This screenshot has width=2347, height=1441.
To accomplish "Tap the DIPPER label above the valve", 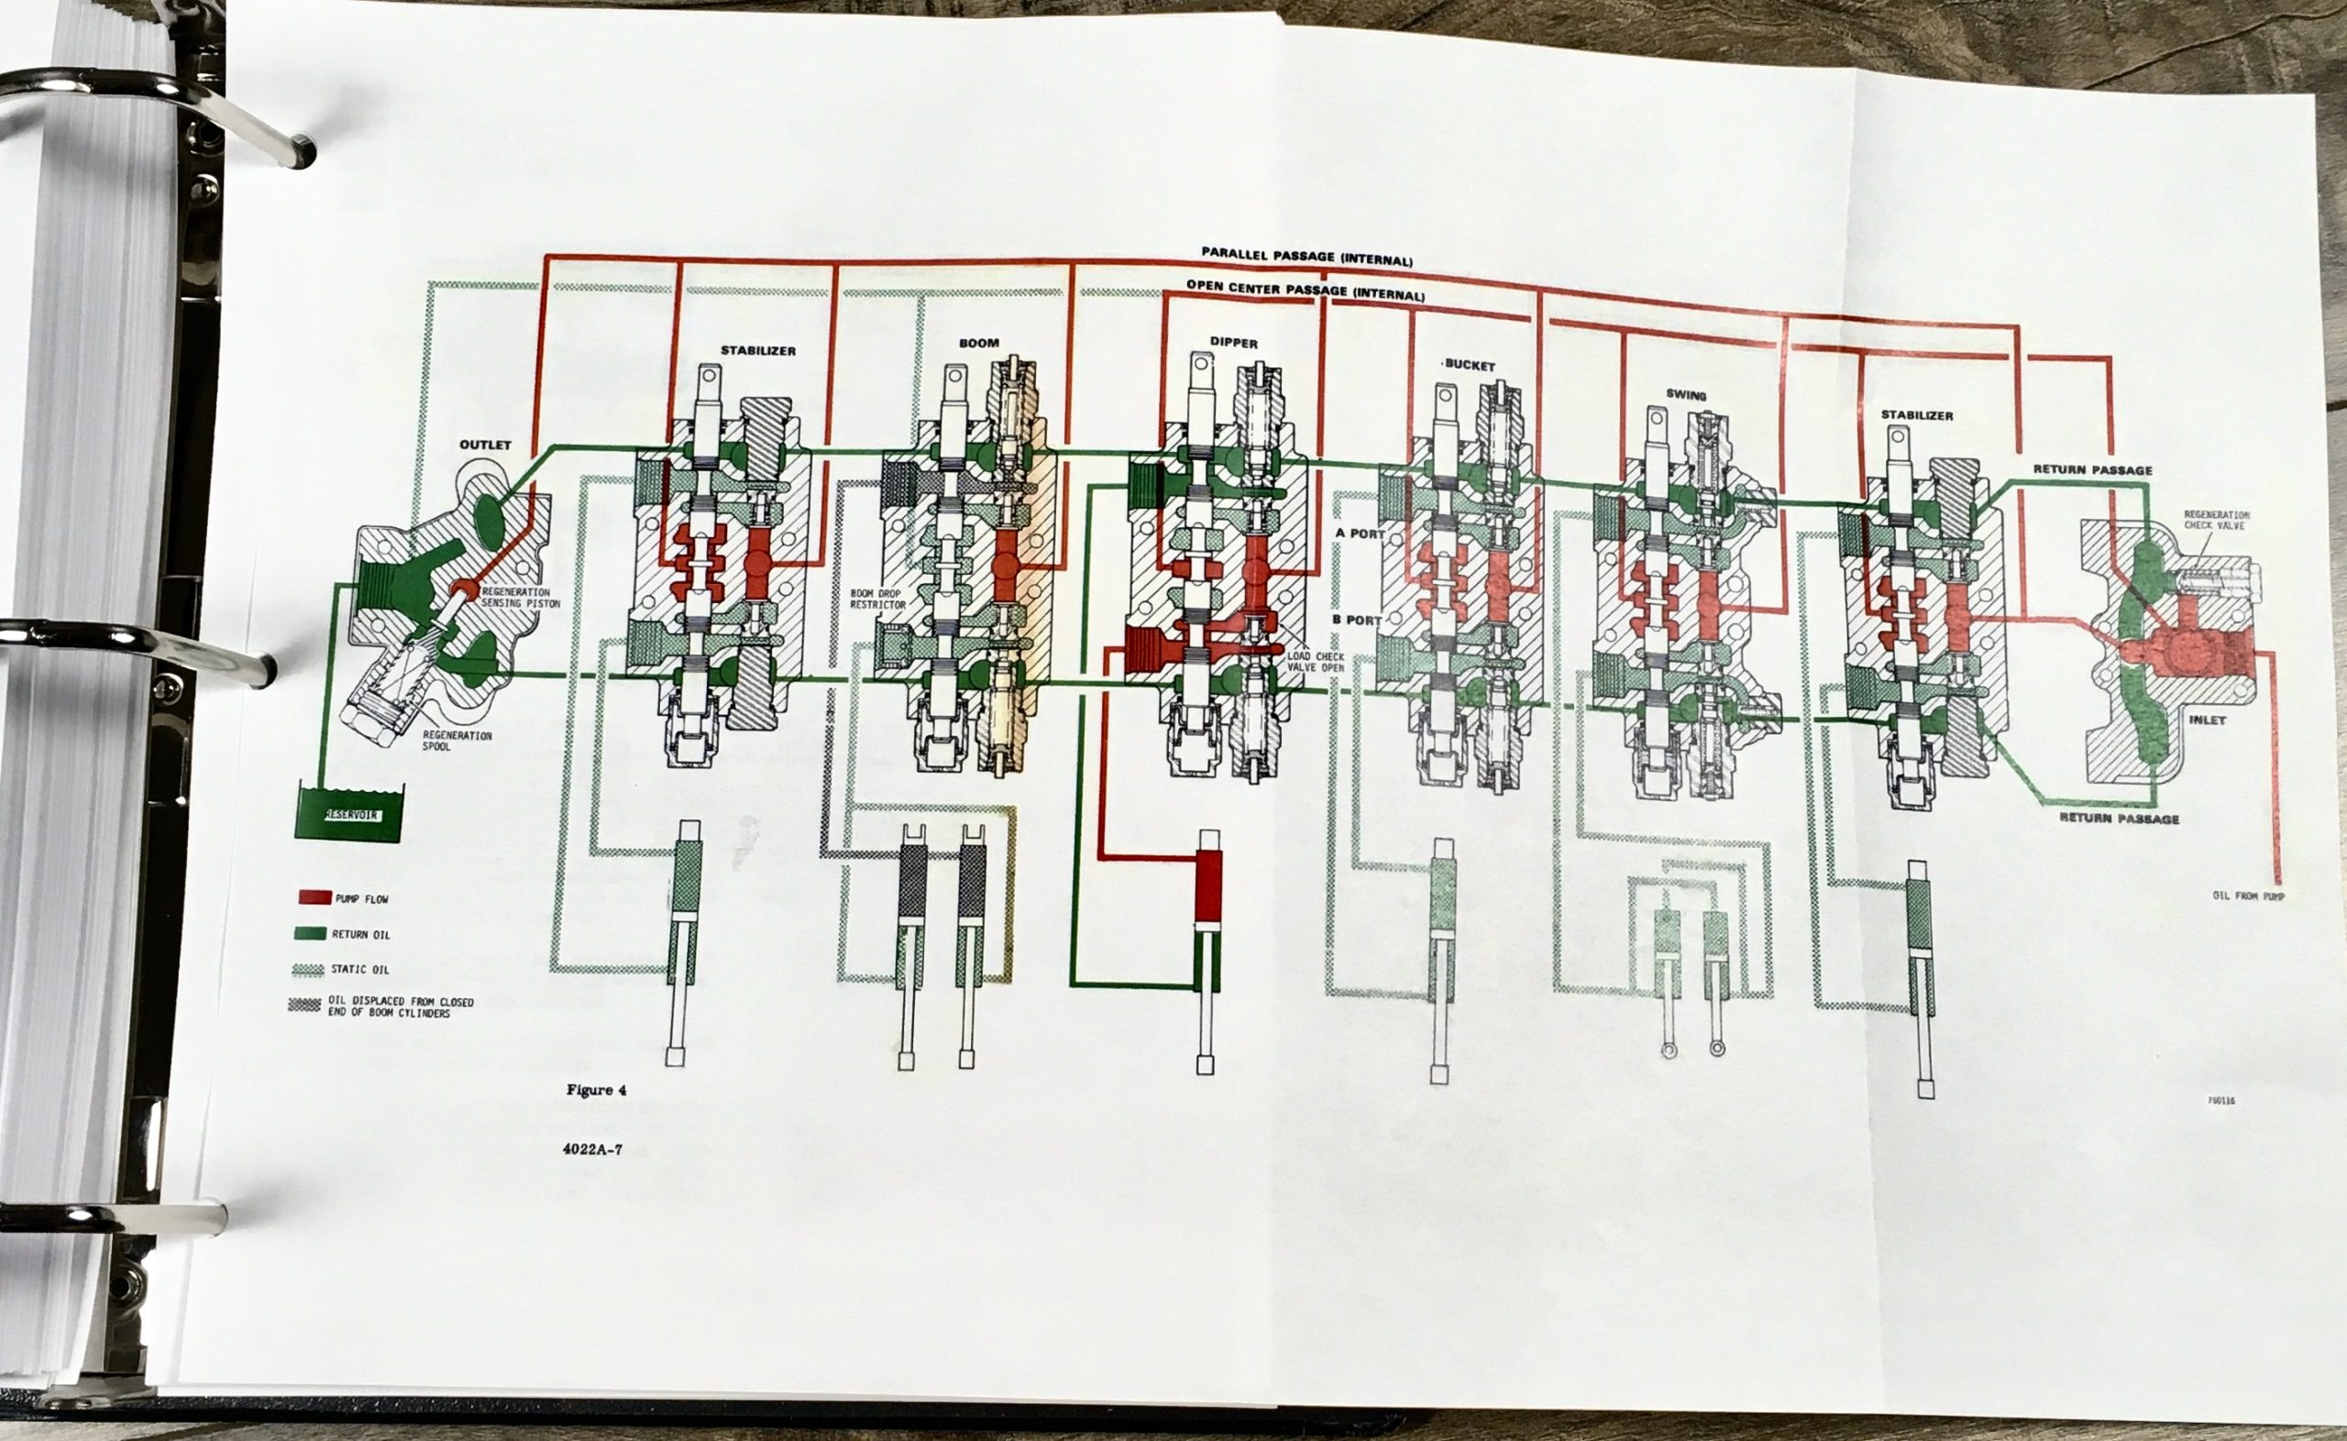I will tap(1234, 343).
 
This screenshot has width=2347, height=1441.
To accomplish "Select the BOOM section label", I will tap(979, 343).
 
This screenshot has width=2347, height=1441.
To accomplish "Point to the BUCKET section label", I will tap(1470, 366).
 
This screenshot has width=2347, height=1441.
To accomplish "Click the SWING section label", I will tap(1686, 394).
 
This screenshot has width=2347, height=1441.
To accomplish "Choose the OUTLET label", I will tap(486, 445).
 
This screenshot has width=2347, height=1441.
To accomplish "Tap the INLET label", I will tap(2199, 720).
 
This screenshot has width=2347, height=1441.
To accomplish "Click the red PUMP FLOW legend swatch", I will tap(314, 897).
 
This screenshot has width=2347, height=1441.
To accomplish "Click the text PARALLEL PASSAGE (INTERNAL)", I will tap(1306, 256).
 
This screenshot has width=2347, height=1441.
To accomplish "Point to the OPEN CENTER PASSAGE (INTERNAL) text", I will tap(1305, 290).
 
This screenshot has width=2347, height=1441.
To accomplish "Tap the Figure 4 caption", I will tap(597, 1090).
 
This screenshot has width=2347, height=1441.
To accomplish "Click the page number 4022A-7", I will tap(591, 1149).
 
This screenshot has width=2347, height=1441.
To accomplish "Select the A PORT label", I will tap(1360, 533).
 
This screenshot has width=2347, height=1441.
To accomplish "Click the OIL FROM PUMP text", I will tap(2249, 896).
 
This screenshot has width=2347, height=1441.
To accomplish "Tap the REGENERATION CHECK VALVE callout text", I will tap(2217, 520).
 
